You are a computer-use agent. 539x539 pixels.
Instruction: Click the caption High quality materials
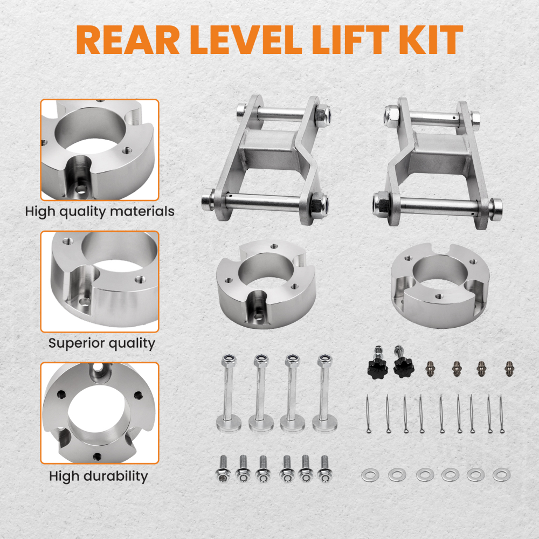coord(100,211)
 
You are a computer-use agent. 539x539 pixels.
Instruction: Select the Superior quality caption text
coord(102,343)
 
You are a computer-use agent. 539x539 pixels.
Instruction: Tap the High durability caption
coord(98,476)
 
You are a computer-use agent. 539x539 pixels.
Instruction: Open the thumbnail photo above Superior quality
coord(100,281)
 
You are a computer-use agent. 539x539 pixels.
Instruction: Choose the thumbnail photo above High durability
coord(100,413)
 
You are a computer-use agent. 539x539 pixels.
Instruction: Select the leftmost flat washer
coord(368,475)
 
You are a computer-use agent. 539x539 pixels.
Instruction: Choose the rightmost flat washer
coord(501,475)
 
